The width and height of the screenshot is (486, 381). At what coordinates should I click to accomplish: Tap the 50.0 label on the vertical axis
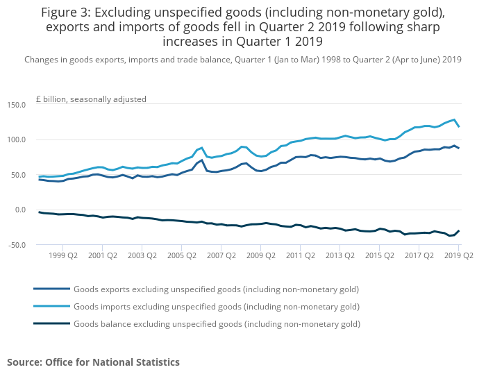(x=17, y=175)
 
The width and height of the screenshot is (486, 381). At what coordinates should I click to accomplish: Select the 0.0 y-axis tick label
(x=19, y=210)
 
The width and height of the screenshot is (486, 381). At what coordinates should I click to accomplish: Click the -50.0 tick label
(x=15, y=245)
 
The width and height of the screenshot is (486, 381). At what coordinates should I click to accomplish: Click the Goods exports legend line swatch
(x=51, y=289)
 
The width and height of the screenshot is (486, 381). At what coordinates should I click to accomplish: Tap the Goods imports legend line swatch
(x=51, y=306)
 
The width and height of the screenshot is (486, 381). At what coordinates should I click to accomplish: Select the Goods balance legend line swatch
(x=51, y=323)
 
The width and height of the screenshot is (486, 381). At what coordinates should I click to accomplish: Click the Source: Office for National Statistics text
(x=93, y=362)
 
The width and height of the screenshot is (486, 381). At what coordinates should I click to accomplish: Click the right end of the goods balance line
(x=459, y=230)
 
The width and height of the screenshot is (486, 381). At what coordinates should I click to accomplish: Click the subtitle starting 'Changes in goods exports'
(x=242, y=60)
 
